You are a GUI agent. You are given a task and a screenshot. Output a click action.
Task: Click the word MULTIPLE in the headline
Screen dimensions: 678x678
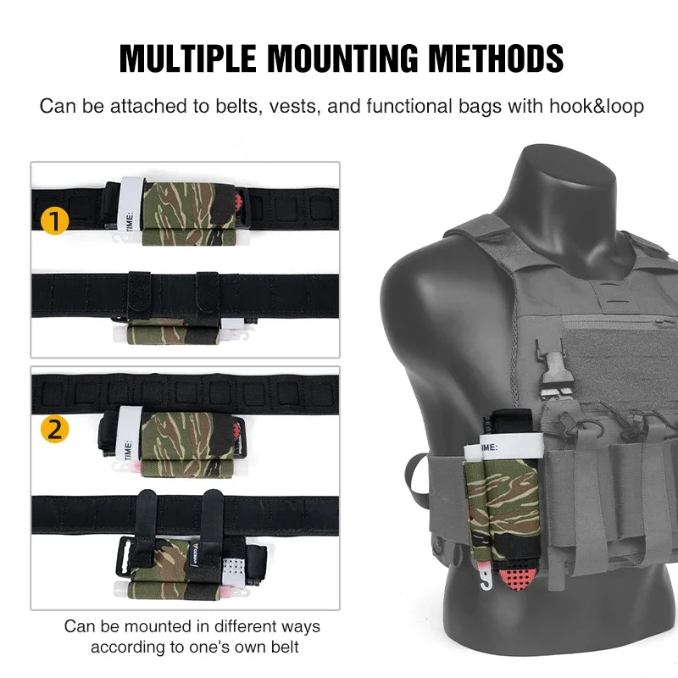point(188,58)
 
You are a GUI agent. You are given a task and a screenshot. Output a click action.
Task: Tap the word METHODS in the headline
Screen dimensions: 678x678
point(496,58)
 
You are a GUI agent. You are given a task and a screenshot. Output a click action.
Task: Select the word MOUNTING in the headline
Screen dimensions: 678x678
point(343,58)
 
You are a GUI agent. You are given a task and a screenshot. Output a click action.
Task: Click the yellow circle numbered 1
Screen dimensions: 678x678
point(55,220)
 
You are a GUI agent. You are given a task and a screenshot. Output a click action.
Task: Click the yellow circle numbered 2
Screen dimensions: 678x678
point(55,430)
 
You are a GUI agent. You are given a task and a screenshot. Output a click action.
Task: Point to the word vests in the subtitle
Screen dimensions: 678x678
point(295,107)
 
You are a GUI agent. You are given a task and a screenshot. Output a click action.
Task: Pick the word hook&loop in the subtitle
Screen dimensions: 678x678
point(597,107)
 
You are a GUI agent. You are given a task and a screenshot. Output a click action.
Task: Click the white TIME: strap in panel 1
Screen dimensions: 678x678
point(131,204)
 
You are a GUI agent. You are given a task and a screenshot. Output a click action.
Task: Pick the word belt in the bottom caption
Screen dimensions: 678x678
point(285,647)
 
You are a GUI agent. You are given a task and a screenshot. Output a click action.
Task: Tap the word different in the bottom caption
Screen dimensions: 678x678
point(245,626)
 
